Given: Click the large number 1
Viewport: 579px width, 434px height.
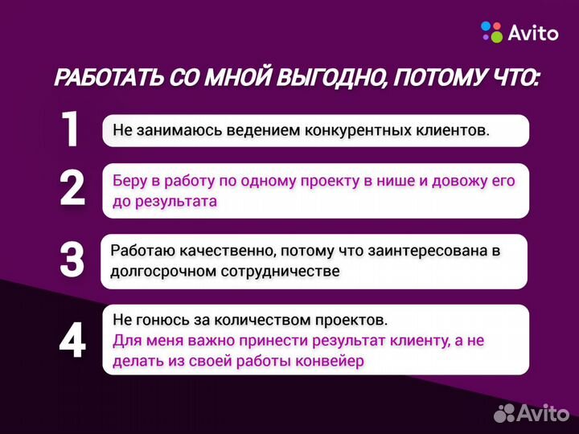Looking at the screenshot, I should (71, 129).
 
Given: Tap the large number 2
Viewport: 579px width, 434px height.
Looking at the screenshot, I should (72, 188).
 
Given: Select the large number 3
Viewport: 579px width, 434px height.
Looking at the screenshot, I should (72, 259).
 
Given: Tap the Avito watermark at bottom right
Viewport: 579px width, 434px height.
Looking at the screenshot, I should (535, 412).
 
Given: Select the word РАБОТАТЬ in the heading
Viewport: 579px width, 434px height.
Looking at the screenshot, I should (110, 79).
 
